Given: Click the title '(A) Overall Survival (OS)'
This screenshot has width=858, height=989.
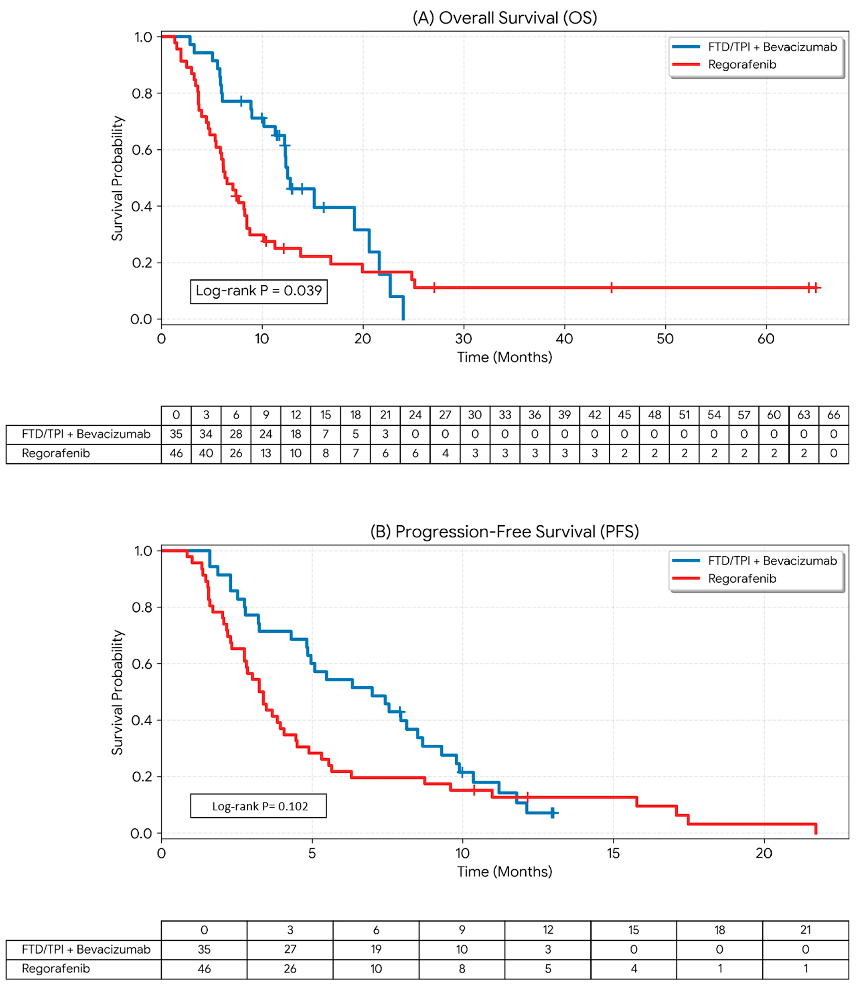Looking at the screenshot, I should pos(505,18).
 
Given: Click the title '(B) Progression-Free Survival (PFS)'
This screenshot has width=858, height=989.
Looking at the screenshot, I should pos(505,532).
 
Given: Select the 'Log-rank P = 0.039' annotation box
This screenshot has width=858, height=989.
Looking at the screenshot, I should pos(259,291).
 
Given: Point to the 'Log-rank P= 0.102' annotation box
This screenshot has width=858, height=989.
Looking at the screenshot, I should pos(259,806).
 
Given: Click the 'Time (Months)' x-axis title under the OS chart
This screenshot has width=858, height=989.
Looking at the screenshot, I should pos(505,357).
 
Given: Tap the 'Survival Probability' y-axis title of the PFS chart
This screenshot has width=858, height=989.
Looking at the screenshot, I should pos(117,692).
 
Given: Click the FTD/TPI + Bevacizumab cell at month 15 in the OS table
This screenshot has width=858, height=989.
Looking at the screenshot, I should pos(326,434).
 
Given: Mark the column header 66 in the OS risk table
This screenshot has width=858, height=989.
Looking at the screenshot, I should pos(834,415).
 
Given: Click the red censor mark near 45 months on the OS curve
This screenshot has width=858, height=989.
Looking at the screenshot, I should pos(611,288).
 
